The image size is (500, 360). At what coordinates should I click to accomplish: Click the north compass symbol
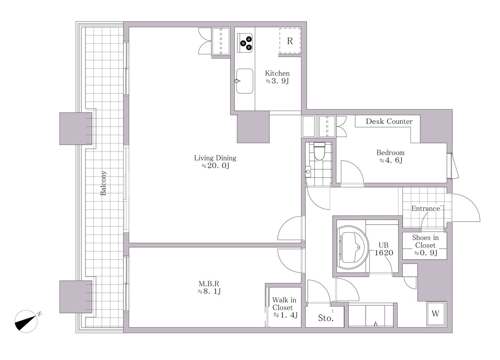pos(26,321)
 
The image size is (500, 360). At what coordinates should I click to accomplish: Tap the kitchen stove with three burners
pos(245,43)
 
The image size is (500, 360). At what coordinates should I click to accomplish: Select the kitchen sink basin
pos(245,81)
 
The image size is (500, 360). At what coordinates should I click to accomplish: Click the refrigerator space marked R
pos(290,41)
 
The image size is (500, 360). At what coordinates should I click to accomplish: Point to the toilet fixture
pos(319,151)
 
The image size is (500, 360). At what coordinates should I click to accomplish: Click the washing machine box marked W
pos(436,313)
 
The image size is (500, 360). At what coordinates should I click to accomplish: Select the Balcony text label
pos(103,183)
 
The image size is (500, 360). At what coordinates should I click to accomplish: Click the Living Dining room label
pos(215,158)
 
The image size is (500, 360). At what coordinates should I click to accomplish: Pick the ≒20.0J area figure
pos(215,166)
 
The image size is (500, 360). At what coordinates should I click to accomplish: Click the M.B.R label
pos(209,284)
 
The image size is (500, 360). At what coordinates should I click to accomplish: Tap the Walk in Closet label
pos(284,304)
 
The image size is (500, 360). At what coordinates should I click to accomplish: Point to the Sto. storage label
pos(326,318)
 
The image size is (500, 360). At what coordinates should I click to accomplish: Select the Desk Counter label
pos(389,121)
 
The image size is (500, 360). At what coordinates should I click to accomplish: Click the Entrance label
pos(425,209)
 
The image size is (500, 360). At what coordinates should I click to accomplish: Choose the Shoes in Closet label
pos(425,242)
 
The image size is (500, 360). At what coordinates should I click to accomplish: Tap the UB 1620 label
pos(384,249)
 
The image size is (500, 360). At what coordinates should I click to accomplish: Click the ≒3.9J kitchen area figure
pos(277,81)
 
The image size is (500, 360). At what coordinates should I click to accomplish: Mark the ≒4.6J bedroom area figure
pos(391,160)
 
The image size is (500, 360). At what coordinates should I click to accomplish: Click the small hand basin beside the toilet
pos(308,172)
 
